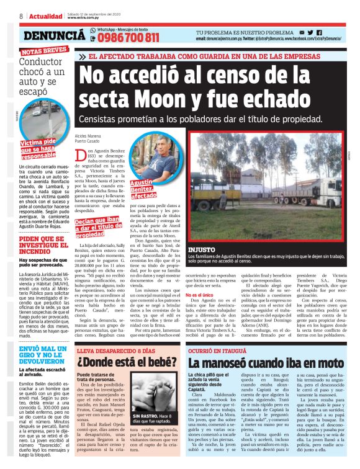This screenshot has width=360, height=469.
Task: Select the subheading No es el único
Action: click(199, 279)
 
